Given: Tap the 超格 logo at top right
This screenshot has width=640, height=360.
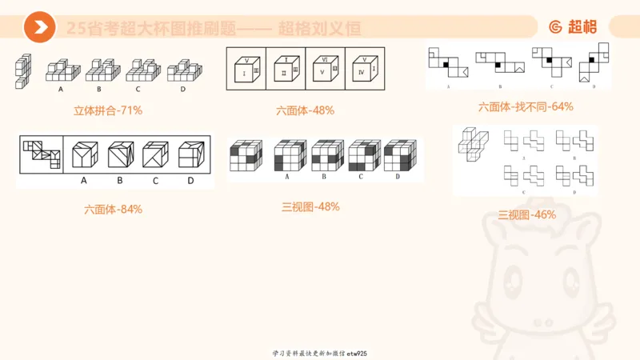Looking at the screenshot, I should coord(572,27).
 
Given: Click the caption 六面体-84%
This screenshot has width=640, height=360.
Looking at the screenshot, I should coord(113,210).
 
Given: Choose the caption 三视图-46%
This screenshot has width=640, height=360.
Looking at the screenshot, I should coord(526,214).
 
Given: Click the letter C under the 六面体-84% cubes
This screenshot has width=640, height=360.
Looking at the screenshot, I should coord(155,181).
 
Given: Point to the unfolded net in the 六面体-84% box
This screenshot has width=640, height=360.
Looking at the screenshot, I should coord(40,154).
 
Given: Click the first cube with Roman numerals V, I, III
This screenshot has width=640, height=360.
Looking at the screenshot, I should coord(248,68).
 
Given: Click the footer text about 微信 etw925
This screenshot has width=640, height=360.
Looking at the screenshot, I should coord(319,353).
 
